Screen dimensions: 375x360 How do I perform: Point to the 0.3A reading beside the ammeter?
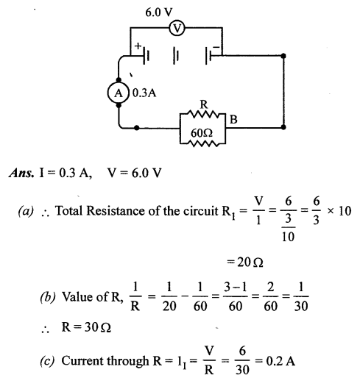(142, 93)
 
